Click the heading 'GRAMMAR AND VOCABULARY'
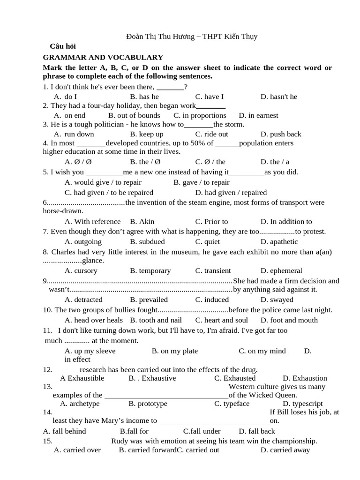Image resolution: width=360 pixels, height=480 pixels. tap(103, 57)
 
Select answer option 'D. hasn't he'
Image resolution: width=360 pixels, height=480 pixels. tap(279, 97)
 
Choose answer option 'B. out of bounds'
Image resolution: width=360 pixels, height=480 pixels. tap(134, 115)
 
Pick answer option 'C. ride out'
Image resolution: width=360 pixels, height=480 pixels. tap(212, 134)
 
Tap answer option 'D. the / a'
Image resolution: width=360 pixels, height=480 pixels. tap(275, 162)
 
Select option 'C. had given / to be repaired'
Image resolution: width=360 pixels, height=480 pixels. tap(109, 192)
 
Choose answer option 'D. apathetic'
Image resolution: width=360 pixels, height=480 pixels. tap(279, 241)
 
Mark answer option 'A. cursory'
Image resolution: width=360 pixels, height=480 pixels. tap(81, 270)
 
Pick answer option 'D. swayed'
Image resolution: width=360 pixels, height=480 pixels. tap(277, 300)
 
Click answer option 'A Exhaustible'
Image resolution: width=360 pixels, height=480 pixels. tap(82, 378)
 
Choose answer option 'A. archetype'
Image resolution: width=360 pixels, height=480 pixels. tap(80, 403)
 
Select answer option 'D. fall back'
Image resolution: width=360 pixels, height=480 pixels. tap(257, 431)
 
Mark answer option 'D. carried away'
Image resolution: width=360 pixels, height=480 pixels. tap(285, 450)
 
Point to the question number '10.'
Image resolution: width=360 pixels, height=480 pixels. tap(48, 310)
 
